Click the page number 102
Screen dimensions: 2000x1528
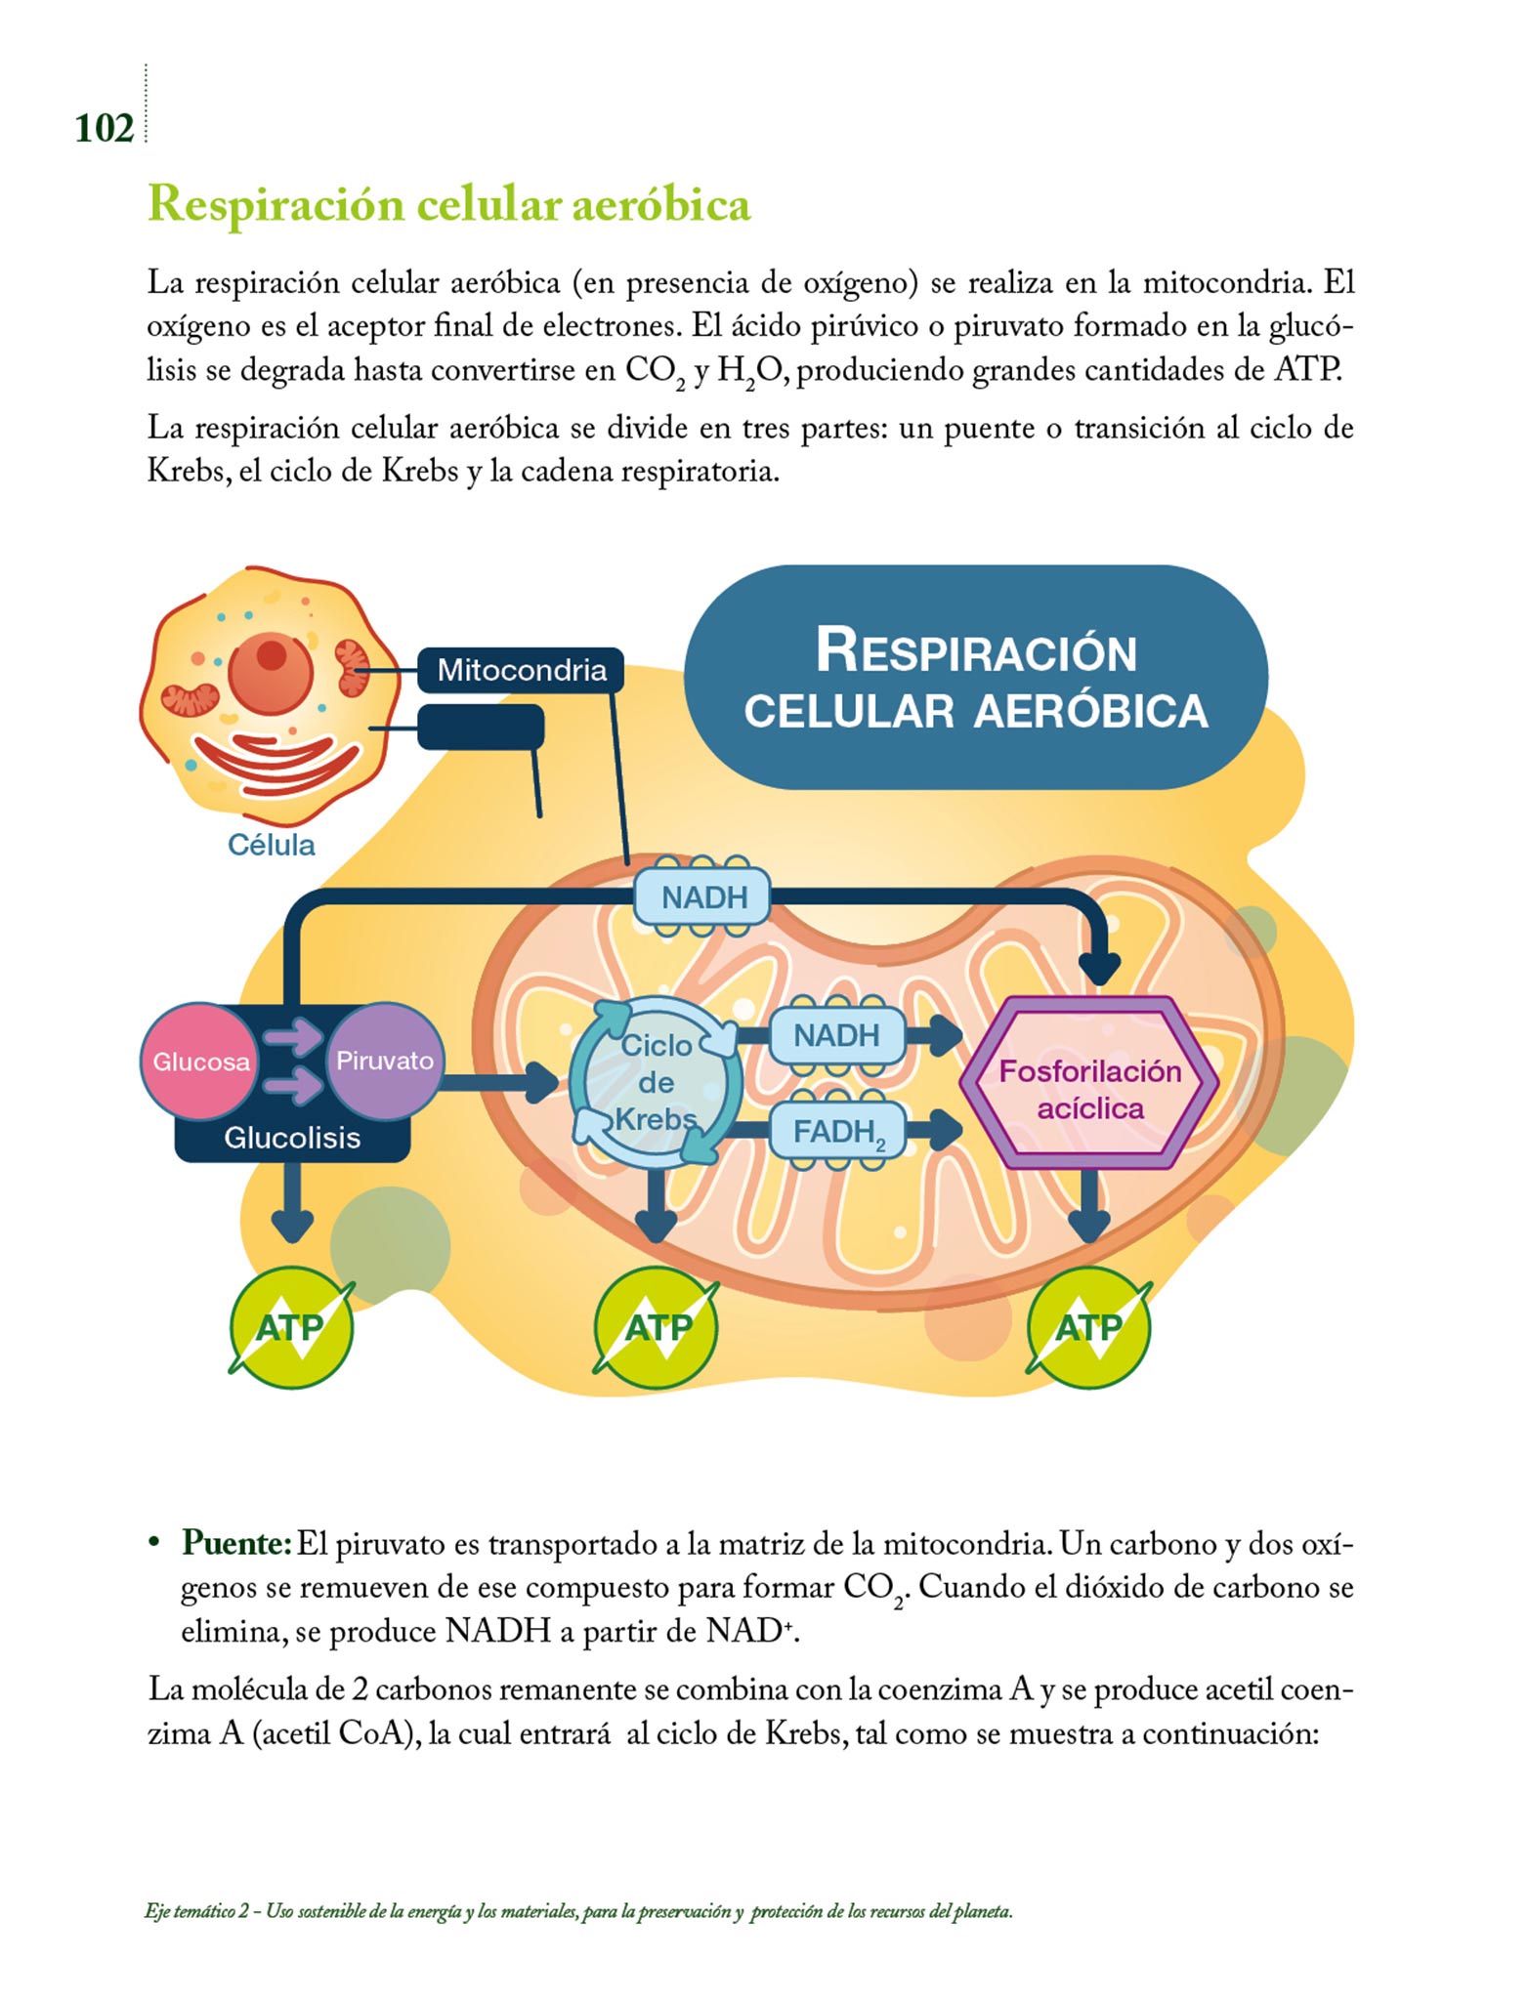tap(104, 129)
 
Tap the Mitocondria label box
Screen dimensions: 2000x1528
tap(521, 670)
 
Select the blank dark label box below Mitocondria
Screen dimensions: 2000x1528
tap(481, 728)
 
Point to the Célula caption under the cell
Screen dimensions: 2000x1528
tap(271, 845)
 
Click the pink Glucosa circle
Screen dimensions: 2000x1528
tap(200, 1062)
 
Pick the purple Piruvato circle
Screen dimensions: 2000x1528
tap(384, 1061)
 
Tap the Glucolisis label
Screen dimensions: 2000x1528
tap(292, 1138)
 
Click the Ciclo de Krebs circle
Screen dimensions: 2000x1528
tap(657, 1082)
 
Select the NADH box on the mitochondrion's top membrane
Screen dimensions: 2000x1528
tap(703, 896)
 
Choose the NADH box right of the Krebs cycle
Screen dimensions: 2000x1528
tap(836, 1035)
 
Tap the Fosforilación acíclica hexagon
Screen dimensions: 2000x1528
tap(1089, 1089)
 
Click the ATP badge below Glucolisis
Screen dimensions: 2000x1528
tap(290, 1327)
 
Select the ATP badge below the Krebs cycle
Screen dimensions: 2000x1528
tap(657, 1327)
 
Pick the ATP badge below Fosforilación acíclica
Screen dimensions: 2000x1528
tap(1088, 1327)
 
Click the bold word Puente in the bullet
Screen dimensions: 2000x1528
tap(235, 1544)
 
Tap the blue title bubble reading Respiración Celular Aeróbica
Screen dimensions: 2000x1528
tap(975, 678)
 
